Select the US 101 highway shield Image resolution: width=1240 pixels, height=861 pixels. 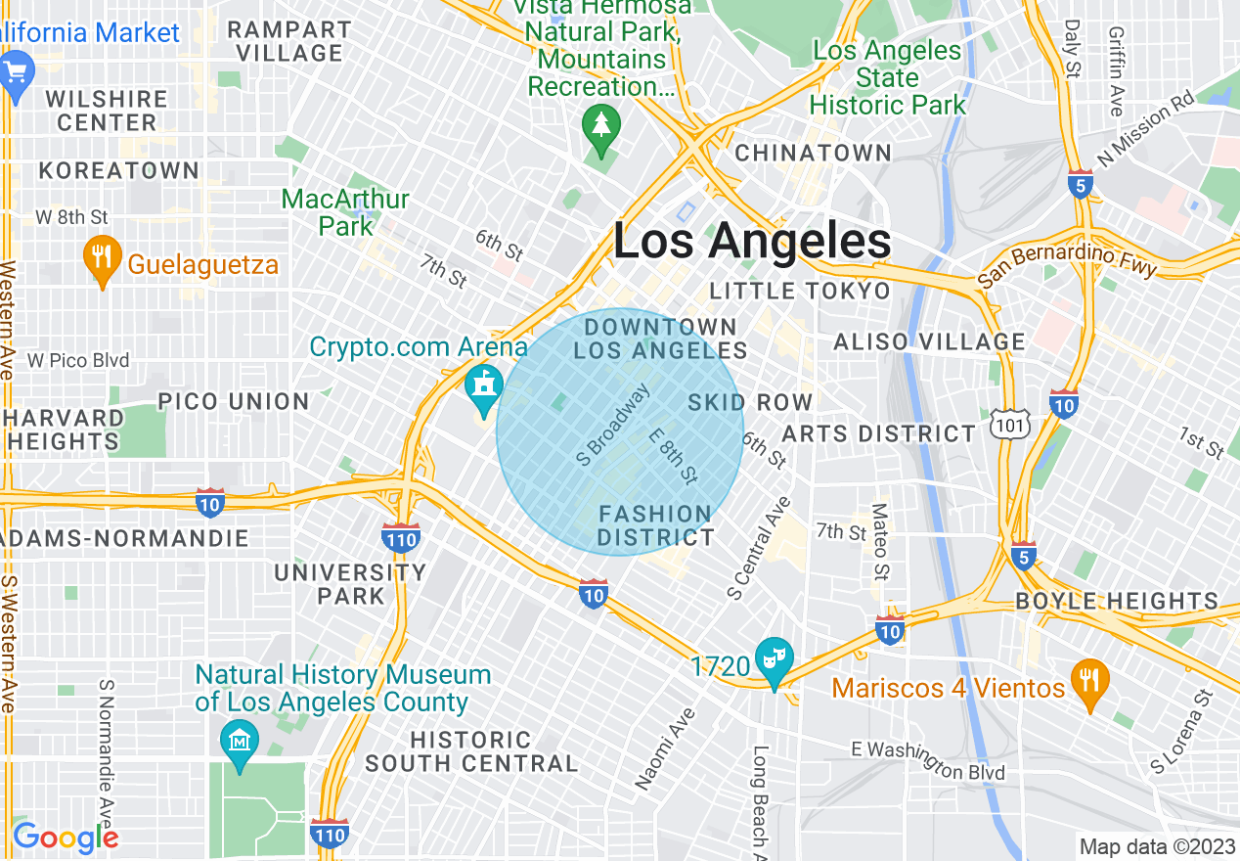click(1004, 424)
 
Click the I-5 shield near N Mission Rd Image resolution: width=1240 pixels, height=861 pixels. click(1080, 184)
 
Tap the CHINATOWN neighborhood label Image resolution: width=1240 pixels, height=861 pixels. click(813, 154)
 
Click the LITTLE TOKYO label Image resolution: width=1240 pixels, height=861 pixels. click(800, 292)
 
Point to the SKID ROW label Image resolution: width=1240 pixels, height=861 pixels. click(750, 402)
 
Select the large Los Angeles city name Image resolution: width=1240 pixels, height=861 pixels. click(752, 241)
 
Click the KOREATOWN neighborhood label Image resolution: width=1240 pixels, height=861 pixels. click(118, 171)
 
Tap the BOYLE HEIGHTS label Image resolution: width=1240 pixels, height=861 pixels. click(1117, 601)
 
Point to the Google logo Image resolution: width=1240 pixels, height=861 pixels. click(66, 838)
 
